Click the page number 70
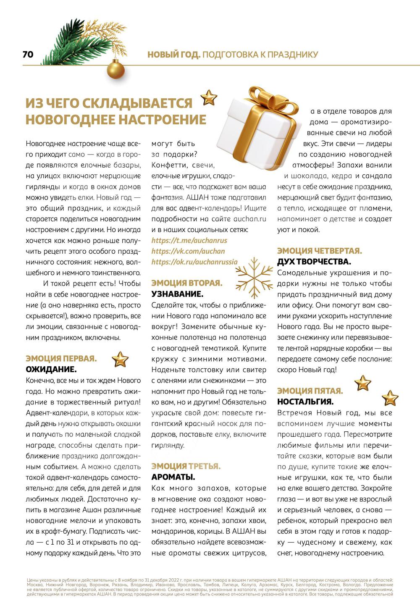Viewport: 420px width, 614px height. [x=28, y=55]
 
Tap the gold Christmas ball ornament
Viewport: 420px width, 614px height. [x=115, y=69]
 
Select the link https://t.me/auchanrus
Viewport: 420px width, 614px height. [x=189, y=241]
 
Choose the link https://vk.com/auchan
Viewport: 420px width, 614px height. [x=188, y=251]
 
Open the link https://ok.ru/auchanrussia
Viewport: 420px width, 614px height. [x=194, y=262]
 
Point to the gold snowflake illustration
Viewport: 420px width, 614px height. [x=255, y=277]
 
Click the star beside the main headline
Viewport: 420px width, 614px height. [x=209, y=97]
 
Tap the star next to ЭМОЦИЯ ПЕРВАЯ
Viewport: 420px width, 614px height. [x=120, y=359]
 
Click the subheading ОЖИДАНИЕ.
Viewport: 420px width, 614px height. [x=51, y=370]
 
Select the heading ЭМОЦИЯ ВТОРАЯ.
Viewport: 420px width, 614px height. [x=186, y=283]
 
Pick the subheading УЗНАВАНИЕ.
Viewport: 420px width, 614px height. [x=177, y=294]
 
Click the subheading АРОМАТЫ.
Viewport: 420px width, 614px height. [x=173, y=478]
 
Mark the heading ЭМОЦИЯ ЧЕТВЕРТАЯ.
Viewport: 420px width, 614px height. [x=319, y=251]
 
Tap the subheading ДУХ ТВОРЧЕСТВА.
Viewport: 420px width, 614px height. [x=314, y=262]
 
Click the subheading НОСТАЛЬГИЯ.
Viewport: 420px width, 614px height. [x=305, y=402]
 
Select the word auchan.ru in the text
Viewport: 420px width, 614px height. [x=250, y=219]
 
